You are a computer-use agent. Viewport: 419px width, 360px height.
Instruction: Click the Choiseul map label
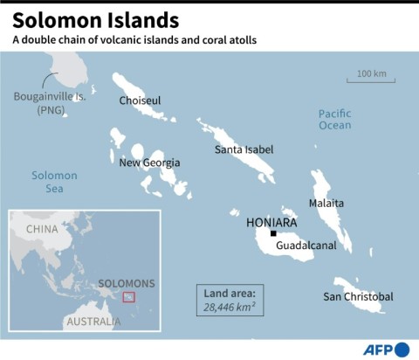(141, 100)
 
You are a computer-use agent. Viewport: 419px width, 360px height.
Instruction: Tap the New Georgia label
(150, 163)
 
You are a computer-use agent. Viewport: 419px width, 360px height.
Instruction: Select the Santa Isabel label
(244, 149)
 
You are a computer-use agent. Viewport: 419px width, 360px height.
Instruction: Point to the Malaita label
(326, 203)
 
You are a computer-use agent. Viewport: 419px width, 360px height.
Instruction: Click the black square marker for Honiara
(273, 233)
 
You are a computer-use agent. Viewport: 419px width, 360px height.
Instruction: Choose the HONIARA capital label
(272, 222)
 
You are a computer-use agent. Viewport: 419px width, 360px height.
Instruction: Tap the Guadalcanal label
(306, 246)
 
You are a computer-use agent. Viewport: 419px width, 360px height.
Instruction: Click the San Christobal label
(358, 297)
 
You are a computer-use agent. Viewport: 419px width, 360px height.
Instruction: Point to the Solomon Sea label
(54, 182)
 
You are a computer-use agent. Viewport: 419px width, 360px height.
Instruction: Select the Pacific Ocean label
(334, 120)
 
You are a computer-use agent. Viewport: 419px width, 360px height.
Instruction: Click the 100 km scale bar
(372, 80)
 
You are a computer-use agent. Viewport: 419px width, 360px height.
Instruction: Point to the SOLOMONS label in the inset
(127, 283)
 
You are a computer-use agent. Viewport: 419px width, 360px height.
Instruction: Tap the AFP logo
(388, 348)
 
